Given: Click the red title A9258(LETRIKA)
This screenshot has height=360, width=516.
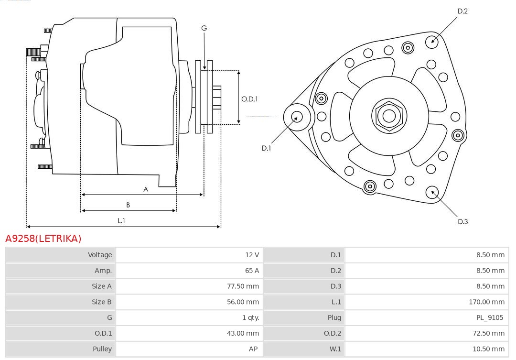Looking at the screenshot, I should point(43,238).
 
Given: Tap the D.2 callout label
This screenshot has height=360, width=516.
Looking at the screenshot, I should point(462,11).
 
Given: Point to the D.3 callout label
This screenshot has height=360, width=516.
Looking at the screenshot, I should point(462,221).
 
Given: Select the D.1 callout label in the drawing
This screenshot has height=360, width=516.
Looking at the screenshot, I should point(266,148).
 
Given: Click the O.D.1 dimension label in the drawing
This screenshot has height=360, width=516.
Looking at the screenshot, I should point(249,99).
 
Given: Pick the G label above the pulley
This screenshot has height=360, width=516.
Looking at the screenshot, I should point(204,28).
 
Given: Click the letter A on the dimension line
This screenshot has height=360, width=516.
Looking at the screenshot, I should point(146,189).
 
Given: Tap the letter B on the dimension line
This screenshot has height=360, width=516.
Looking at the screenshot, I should point(128,205).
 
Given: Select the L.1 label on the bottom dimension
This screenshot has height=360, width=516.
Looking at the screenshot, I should point(121,220).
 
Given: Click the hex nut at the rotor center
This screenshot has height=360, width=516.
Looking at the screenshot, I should point(389,116).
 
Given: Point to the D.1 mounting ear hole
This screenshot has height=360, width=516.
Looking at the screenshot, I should point(297,116).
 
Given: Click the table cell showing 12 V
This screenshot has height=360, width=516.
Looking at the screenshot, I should point(252,255).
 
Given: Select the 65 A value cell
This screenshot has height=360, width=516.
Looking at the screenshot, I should point(252,271).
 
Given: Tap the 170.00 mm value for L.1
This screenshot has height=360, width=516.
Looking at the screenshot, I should point(486,302).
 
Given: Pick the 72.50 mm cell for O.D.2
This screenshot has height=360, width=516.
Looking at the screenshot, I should point(488,333).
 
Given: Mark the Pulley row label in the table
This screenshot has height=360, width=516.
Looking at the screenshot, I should point(102,349).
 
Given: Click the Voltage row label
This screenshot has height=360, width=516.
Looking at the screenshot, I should point(100,255).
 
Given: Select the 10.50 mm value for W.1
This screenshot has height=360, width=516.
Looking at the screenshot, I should point(488,349).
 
